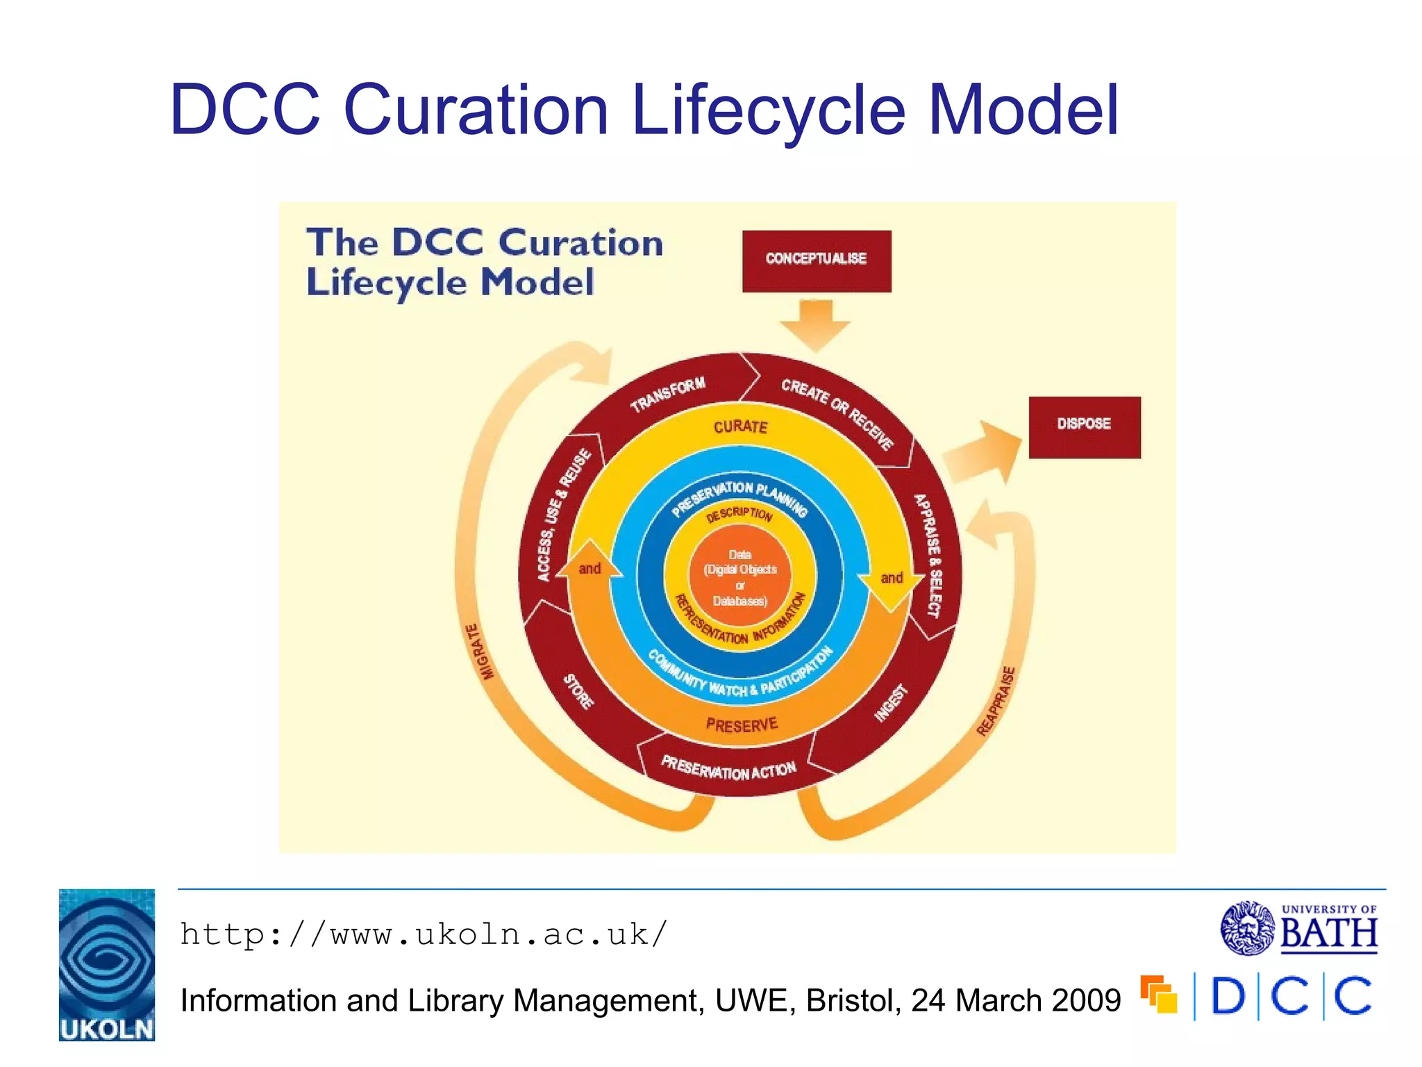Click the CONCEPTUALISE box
[817, 260]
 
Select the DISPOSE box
[1084, 427]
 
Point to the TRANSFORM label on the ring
[667, 394]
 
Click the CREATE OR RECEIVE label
[837, 414]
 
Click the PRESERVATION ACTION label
[728, 768]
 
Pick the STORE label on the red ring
[578, 691]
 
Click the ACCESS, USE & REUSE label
[563, 515]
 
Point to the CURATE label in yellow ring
[740, 427]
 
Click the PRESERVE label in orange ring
[741, 725]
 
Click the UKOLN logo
[107, 964]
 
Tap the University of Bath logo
[1298, 928]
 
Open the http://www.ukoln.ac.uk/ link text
[424, 934]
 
